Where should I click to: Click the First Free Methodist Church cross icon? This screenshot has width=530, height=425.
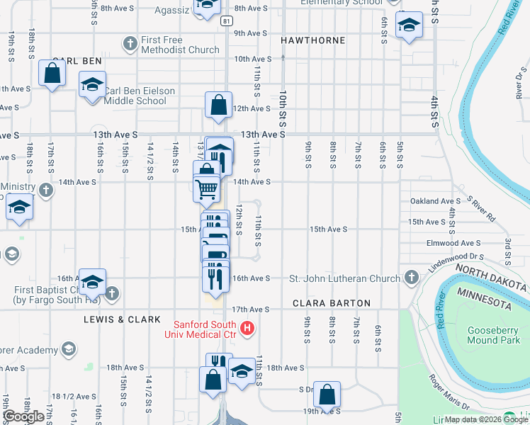[130, 45]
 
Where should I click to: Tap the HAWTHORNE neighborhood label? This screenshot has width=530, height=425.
[312, 40]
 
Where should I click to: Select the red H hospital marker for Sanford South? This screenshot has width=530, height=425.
[247, 327]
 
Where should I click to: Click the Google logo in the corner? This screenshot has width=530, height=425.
[23, 416]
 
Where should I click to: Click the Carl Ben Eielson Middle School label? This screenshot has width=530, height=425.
[135, 96]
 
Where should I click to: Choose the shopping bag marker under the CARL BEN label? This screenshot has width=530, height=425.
[52, 73]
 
